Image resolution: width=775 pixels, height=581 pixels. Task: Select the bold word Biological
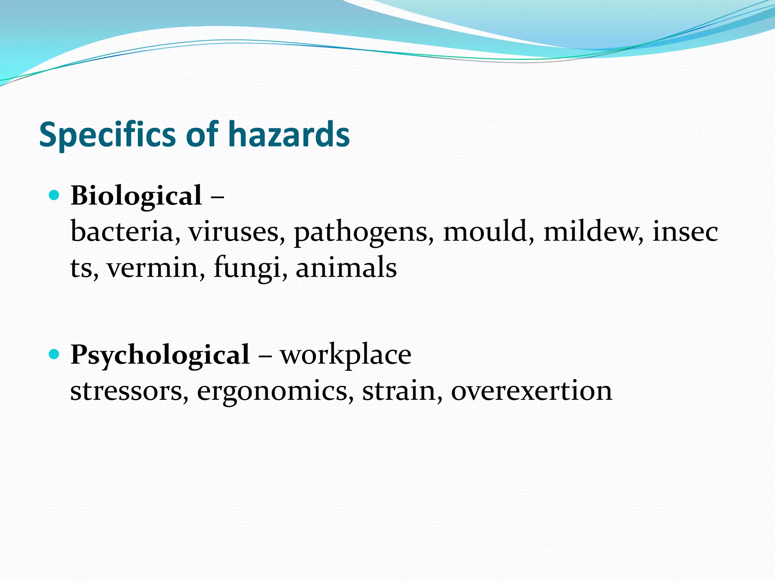coord(136,196)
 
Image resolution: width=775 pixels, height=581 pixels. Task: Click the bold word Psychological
coord(160,355)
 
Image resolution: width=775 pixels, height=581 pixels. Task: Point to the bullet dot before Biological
coord(54,195)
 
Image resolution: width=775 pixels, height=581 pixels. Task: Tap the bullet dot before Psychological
coord(54,354)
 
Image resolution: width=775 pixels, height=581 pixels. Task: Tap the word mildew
coord(592,231)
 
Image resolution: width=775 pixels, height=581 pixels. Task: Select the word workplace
coord(345,355)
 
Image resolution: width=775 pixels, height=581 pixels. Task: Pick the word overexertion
coord(531,390)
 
